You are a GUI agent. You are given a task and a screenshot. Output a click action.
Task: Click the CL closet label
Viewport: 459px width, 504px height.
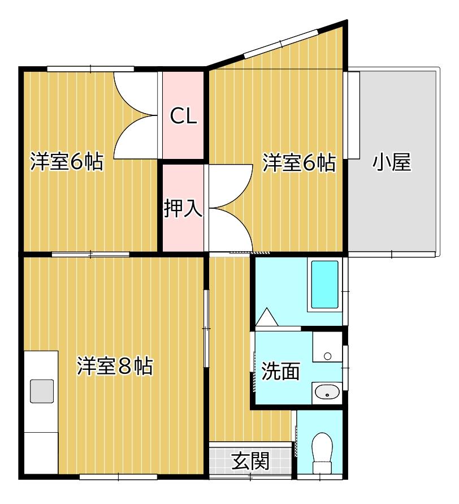click(x=184, y=117)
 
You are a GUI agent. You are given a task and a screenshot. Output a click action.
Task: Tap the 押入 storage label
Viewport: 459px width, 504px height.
click(x=183, y=208)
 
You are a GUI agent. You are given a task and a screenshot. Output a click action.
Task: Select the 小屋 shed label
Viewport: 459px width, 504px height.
click(x=391, y=163)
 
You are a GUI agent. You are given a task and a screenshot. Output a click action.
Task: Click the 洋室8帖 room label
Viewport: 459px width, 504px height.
click(x=115, y=367)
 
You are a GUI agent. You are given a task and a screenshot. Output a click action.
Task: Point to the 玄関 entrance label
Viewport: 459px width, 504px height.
click(x=250, y=461)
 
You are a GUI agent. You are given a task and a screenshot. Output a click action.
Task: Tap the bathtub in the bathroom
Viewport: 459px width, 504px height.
click(x=325, y=285)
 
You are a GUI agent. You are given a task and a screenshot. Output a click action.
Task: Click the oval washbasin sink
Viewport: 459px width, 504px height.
click(x=326, y=391)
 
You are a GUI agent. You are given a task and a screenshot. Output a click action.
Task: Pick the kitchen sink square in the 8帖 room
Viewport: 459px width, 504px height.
click(x=42, y=390)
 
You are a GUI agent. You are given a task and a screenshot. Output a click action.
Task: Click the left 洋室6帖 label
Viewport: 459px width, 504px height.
click(x=67, y=162)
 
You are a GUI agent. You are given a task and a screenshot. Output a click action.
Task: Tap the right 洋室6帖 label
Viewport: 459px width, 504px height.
click(x=299, y=163)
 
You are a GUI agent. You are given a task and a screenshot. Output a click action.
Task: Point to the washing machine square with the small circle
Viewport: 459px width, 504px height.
click(x=327, y=348)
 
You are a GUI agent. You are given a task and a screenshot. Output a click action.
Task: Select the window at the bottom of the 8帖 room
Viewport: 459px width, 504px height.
click(x=118, y=477)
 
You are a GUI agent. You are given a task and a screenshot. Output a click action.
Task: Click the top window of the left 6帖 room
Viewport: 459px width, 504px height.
click(x=90, y=69)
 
